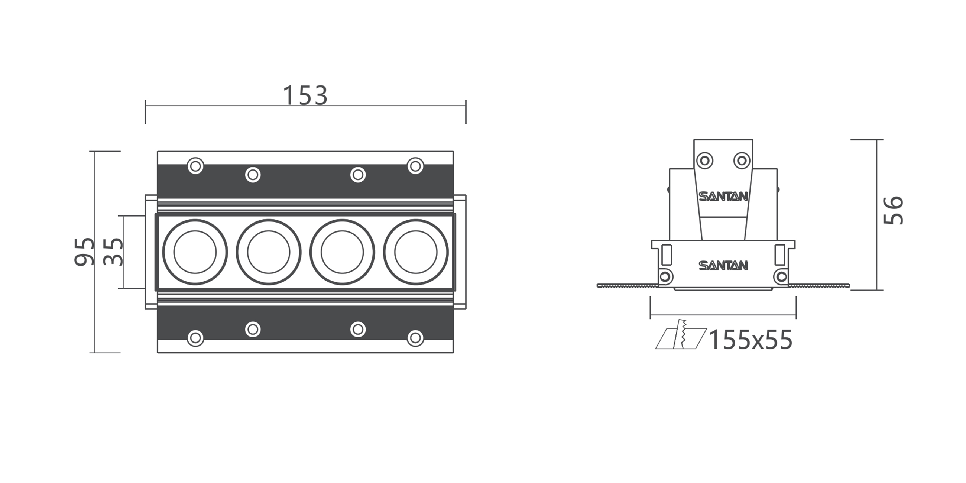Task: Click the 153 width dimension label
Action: pyautogui.click(x=305, y=95)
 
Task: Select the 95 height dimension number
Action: pyautogui.click(x=84, y=252)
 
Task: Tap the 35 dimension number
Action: pyautogui.click(x=113, y=252)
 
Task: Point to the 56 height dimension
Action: pyautogui.click(x=893, y=210)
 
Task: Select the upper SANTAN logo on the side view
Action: pyautogui.click(x=723, y=197)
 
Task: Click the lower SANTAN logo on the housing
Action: pyautogui.click(x=723, y=266)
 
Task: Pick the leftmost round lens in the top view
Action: pyautogui.click(x=195, y=252)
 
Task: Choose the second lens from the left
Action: pyautogui.click(x=269, y=252)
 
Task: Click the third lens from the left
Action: pyautogui.click(x=342, y=252)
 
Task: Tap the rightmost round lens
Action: pyautogui.click(x=415, y=252)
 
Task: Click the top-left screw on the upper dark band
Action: pyautogui.click(x=195, y=165)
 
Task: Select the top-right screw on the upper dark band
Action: pyautogui.click(x=415, y=165)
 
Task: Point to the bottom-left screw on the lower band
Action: pyautogui.click(x=195, y=338)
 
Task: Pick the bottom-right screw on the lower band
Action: pyautogui.click(x=415, y=338)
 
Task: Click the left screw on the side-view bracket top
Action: pyautogui.click(x=705, y=161)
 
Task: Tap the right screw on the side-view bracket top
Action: pyautogui.click(x=741, y=161)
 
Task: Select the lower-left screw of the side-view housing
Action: pyautogui.click(x=665, y=277)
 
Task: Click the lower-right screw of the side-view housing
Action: pyautogui.click(x=781, y=277)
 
